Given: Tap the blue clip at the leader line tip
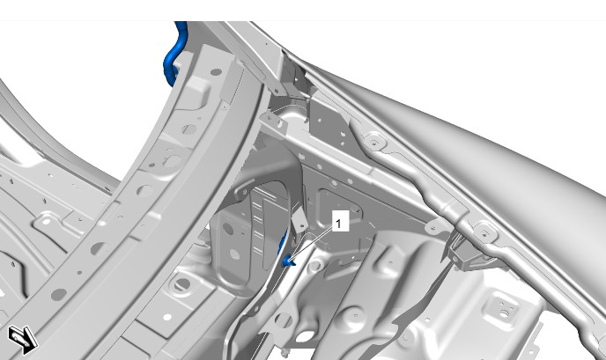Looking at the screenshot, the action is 287,261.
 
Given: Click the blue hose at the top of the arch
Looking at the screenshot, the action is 174,54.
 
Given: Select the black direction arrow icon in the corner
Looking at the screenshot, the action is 23,340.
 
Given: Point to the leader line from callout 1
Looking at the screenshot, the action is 310,244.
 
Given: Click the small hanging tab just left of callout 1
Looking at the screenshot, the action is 299,221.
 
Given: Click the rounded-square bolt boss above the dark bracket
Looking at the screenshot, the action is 484,233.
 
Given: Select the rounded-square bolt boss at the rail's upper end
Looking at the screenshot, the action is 374,142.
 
